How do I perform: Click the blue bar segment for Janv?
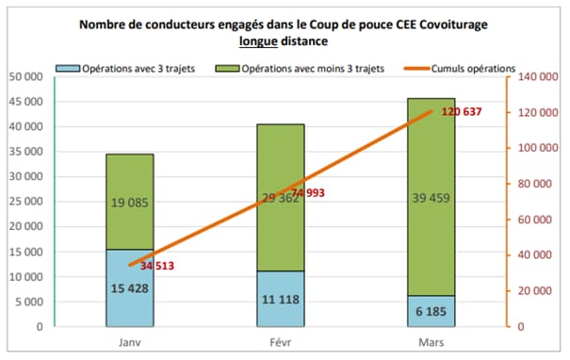tap(130, 288)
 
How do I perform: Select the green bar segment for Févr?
tap(281, 198)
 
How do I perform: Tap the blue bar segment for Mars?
tap(432, 311)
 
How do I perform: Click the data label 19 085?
tap(130, 203)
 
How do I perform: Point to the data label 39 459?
tap(432, 198)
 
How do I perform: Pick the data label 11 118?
tap(281, 300)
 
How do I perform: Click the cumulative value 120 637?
tap(462, 111)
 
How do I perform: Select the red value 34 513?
tap(157, 266)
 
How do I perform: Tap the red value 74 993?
tap(308, 193)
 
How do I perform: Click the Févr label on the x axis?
tap(280, 342)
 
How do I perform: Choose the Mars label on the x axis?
tap(432, 342)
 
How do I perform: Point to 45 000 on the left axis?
tap(25, 102)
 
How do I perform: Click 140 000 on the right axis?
tap(538, 76)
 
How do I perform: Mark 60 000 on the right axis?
tap(535, 220)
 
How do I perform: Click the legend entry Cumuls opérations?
tap(460, 69)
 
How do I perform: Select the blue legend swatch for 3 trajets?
tap(68, 69)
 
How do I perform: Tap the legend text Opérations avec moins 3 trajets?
tap(313, 69)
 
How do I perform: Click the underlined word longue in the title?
tap(258, 41)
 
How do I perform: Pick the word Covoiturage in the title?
tap(453, 25)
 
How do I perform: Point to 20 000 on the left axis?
tap(25, 226)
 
